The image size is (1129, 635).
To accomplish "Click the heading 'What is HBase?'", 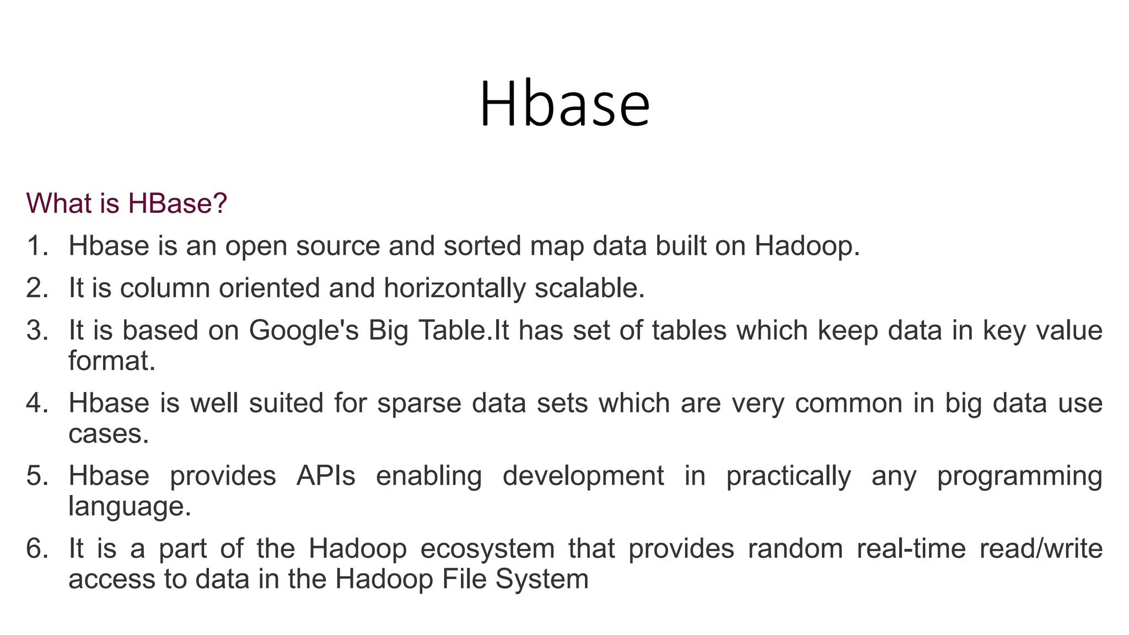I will pos(126,203).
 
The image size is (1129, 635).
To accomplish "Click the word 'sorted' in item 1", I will pos(482,246).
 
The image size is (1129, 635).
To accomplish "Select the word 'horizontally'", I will pos(455,288).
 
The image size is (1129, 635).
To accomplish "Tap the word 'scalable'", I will pos(589,288).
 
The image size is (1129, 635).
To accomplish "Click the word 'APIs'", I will pos(326,476).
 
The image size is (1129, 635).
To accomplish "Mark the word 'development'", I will pos(583,476).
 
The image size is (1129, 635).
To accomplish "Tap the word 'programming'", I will pos(1019,476).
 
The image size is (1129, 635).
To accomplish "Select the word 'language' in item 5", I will pos(129,507).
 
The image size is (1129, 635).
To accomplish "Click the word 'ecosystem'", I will pos(487,549).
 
